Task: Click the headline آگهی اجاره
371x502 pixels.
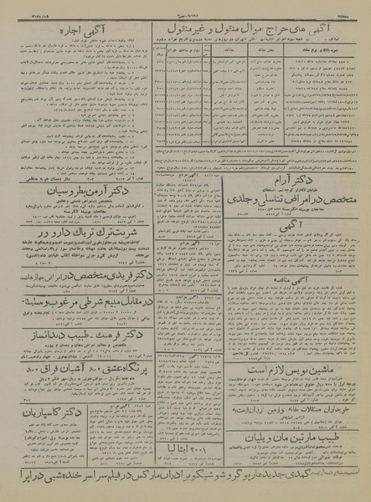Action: (78, 30)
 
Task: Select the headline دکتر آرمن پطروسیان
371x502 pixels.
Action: (77, 197)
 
